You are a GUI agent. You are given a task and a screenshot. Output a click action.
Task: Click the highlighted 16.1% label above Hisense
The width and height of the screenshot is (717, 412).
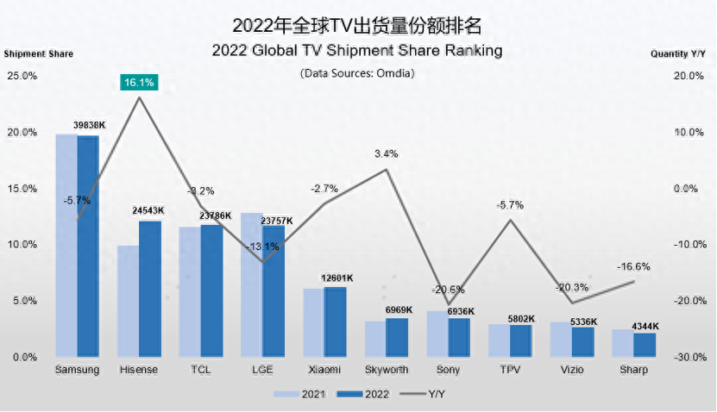140,83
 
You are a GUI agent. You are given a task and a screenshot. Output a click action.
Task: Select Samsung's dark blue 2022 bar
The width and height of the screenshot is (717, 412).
88,247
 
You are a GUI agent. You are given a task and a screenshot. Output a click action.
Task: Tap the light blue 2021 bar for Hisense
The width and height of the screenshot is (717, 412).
128,302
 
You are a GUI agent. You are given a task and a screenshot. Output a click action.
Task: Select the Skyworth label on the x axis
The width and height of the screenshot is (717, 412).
387,370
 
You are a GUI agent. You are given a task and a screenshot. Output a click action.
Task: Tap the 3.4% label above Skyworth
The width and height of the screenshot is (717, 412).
386,154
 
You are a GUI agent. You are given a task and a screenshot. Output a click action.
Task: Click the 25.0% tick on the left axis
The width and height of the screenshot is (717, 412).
22,76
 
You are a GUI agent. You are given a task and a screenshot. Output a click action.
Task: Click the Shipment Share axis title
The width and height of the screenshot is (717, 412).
39,53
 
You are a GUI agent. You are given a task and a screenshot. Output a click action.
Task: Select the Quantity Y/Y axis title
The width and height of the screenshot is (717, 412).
679,53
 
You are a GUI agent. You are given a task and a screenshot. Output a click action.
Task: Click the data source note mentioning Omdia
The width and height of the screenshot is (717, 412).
358,73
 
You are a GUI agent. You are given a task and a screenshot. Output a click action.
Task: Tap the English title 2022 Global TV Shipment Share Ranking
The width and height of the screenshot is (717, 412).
357,51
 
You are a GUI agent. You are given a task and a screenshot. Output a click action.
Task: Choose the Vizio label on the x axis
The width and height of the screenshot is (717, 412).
572,370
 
